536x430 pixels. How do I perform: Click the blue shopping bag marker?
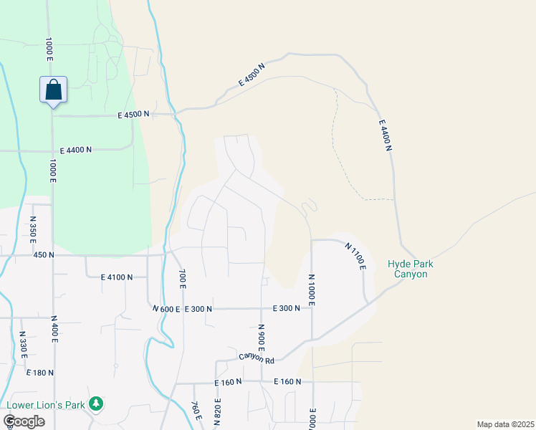click(x=53, y=90)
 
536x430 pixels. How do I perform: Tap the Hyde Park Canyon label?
click(x=411, y=269)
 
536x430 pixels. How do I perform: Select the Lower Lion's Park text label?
click(x=46, y=405)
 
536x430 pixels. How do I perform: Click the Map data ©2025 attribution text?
click(x=505, y=424)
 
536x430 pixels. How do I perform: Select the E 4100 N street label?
click(x=117, y=277)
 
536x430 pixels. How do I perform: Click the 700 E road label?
click(x=183, y=279)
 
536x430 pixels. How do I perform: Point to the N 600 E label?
click(x=166, y=309)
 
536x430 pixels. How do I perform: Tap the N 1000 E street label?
click(x=312, y=290)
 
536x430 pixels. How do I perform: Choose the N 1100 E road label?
click(x=355, y=257)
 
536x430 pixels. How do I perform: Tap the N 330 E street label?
click(x=22, y=346)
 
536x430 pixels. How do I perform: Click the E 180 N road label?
click(x=40, y=373)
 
